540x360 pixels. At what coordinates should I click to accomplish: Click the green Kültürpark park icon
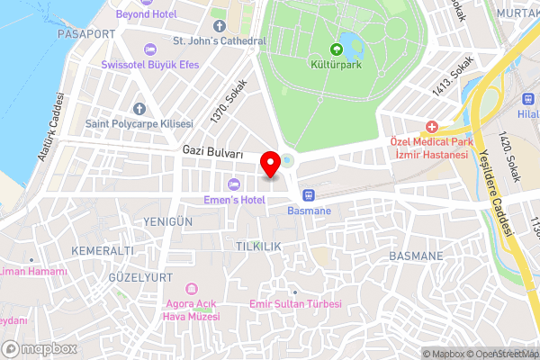[338, 49]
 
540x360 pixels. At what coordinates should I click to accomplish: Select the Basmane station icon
[309, 194]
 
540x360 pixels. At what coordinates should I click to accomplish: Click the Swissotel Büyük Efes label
[150, 66]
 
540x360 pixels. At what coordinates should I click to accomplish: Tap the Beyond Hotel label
[148, 15]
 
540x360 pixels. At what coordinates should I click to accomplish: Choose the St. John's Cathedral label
[220, 40]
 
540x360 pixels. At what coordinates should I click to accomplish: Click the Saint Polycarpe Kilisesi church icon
[139, 107]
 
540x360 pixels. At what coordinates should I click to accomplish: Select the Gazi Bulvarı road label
[212, 153]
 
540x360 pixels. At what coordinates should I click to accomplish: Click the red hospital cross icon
[432, 127]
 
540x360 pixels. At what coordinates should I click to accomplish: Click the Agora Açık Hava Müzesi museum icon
[191, 288]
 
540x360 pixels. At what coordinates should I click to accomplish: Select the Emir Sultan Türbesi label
[295, 304]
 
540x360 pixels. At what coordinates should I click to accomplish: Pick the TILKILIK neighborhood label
[259, 246]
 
